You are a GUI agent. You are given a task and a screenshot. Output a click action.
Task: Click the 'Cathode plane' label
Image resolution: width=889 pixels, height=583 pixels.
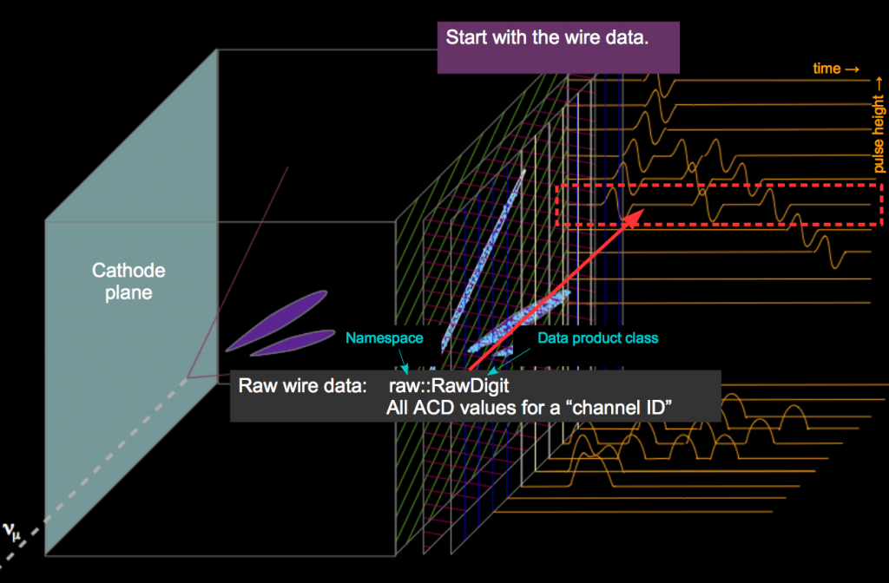click(128, 281)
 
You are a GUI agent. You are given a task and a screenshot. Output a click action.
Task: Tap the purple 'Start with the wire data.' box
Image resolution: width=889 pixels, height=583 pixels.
click(558, 48)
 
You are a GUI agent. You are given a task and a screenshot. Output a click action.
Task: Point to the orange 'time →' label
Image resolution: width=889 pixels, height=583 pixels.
click(836, 69)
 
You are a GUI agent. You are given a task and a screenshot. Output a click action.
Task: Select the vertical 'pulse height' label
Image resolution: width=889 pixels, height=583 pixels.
click(879, 134)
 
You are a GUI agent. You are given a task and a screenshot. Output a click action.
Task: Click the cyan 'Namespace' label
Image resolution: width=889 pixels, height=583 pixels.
click(385, 338)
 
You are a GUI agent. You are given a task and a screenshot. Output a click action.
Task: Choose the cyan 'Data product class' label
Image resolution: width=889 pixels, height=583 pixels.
click(597, 338)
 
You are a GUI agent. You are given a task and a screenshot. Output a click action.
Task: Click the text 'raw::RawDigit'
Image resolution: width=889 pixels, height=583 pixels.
click(449, 386)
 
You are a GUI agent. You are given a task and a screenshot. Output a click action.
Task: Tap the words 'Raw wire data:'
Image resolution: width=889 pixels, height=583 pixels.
click(302, 386)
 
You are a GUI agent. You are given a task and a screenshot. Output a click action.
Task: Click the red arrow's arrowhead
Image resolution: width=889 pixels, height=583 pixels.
click(634, 218)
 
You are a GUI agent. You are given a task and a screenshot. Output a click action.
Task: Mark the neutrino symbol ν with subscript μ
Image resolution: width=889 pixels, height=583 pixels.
click(11, 532)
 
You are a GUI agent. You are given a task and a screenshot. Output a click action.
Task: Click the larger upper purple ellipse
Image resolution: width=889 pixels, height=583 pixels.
click(277, 321)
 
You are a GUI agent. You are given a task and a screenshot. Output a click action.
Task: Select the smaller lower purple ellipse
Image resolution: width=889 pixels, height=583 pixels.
click(293, 343)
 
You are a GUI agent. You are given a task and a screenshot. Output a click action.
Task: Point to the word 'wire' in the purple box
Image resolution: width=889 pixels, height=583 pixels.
click(571, 37)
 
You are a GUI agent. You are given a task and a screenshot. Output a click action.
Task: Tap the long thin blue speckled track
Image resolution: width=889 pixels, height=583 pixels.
click(483, 259)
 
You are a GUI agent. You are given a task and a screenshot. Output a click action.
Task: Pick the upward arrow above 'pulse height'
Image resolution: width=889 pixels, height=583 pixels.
click(879, 84)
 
